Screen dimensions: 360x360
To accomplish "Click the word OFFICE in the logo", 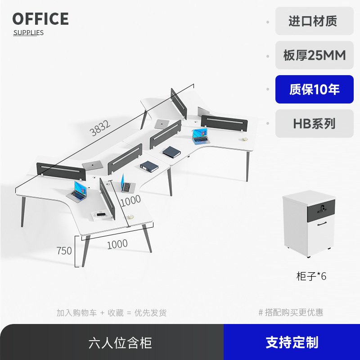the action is (40, 19).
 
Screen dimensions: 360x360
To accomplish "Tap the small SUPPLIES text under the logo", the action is (28, 32).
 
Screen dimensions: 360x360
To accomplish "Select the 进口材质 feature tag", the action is (314, 21).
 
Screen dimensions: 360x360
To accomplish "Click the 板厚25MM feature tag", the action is (314, 55).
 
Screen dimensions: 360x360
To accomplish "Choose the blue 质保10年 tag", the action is (314, 90).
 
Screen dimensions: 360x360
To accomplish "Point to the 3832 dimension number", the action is (100, 130).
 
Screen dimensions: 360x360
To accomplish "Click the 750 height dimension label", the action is (64, 251).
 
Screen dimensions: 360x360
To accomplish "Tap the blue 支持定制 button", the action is (292, 342).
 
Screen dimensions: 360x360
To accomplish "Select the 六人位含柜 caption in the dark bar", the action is (120, 343).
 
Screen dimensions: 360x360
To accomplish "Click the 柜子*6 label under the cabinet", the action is (311, 276).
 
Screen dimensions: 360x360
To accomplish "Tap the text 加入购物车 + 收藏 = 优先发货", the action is (112, 312).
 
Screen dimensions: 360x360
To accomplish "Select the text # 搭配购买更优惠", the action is (291, 312).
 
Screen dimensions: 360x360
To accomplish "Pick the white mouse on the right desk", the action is (245, 139).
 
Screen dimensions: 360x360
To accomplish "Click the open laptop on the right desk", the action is (199, 136).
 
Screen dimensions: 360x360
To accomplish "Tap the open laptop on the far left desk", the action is (77, 191).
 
